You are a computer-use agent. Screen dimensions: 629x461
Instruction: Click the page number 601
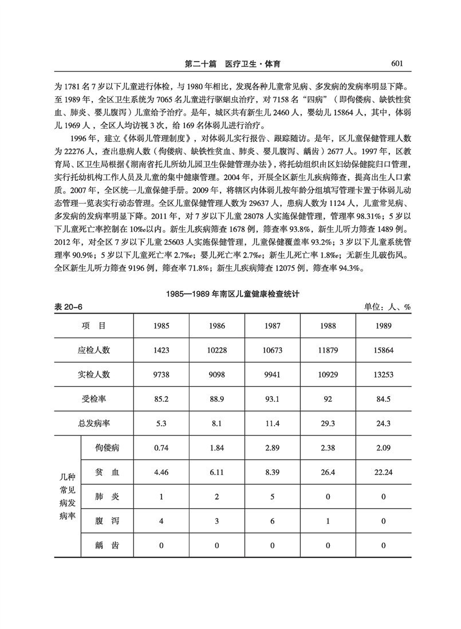click(x=399, y=64)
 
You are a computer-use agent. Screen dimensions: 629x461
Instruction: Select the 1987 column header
click(x=272, y=326)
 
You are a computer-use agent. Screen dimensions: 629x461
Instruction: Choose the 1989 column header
click(x=384, y=326)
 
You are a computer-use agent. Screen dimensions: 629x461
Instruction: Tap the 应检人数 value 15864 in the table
click(x=384, y=350)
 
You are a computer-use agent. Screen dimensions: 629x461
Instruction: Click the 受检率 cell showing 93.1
click(x=272, y=398)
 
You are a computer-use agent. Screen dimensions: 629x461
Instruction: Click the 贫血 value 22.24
click(x=384, y=472)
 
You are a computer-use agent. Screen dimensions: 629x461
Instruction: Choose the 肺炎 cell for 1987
click(x=272, y=496)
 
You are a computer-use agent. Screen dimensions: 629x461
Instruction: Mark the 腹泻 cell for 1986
click(x=216, y=521)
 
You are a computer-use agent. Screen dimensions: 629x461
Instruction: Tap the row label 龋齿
click(x=107, y=545)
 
